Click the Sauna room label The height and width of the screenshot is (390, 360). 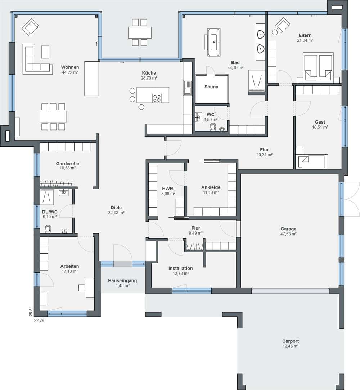[211, 87]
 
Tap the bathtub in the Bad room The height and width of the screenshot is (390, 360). [214, 42]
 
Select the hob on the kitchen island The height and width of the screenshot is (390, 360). [157, 98]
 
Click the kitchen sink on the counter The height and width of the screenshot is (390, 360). [188, 88]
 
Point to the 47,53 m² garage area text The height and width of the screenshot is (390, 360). [288, 234]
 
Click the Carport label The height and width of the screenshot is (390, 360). [291, 341]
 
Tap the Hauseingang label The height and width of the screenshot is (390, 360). [122, 280]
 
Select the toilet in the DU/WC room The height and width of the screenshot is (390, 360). [48, 229]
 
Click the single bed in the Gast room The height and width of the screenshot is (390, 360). [312, 162]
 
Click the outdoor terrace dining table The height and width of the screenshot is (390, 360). [140, 32]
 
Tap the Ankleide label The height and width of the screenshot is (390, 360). [211, 187]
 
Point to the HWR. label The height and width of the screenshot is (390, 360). [168, 189]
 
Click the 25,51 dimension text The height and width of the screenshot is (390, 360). [31, 311]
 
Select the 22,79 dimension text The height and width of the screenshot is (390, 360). [39, 320]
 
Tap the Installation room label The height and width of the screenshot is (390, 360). [180, 269]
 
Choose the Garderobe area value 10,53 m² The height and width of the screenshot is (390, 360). [68, 168]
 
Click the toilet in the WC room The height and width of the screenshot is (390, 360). [213, 127]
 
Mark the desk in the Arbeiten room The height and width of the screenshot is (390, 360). [90, 288]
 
